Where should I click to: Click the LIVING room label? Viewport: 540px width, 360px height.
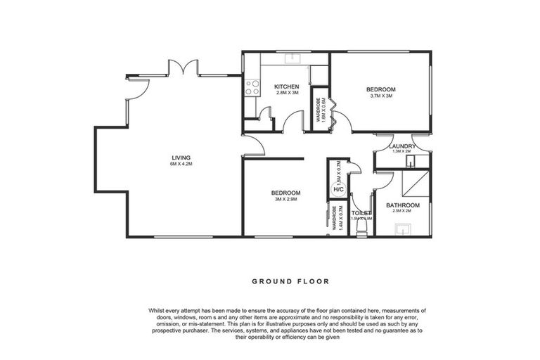[181, 157]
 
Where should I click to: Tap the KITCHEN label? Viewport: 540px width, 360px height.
[286, 86]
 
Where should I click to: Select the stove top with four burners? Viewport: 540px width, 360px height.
[251, 88]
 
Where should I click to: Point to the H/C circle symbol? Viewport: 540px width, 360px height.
[338, 189]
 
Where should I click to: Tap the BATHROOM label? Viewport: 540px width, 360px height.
[403, 205]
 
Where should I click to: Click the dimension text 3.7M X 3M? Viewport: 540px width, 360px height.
[380, 96]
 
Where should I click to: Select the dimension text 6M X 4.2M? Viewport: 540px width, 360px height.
[181, 164]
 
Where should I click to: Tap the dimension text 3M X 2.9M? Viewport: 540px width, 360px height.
[285, 200]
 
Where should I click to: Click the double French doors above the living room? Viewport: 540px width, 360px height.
[183, 67]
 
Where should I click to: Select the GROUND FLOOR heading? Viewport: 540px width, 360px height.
[290, 281]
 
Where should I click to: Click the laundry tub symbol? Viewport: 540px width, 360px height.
[411, 161]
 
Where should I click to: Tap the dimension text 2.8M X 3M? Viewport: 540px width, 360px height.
[286, 94]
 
